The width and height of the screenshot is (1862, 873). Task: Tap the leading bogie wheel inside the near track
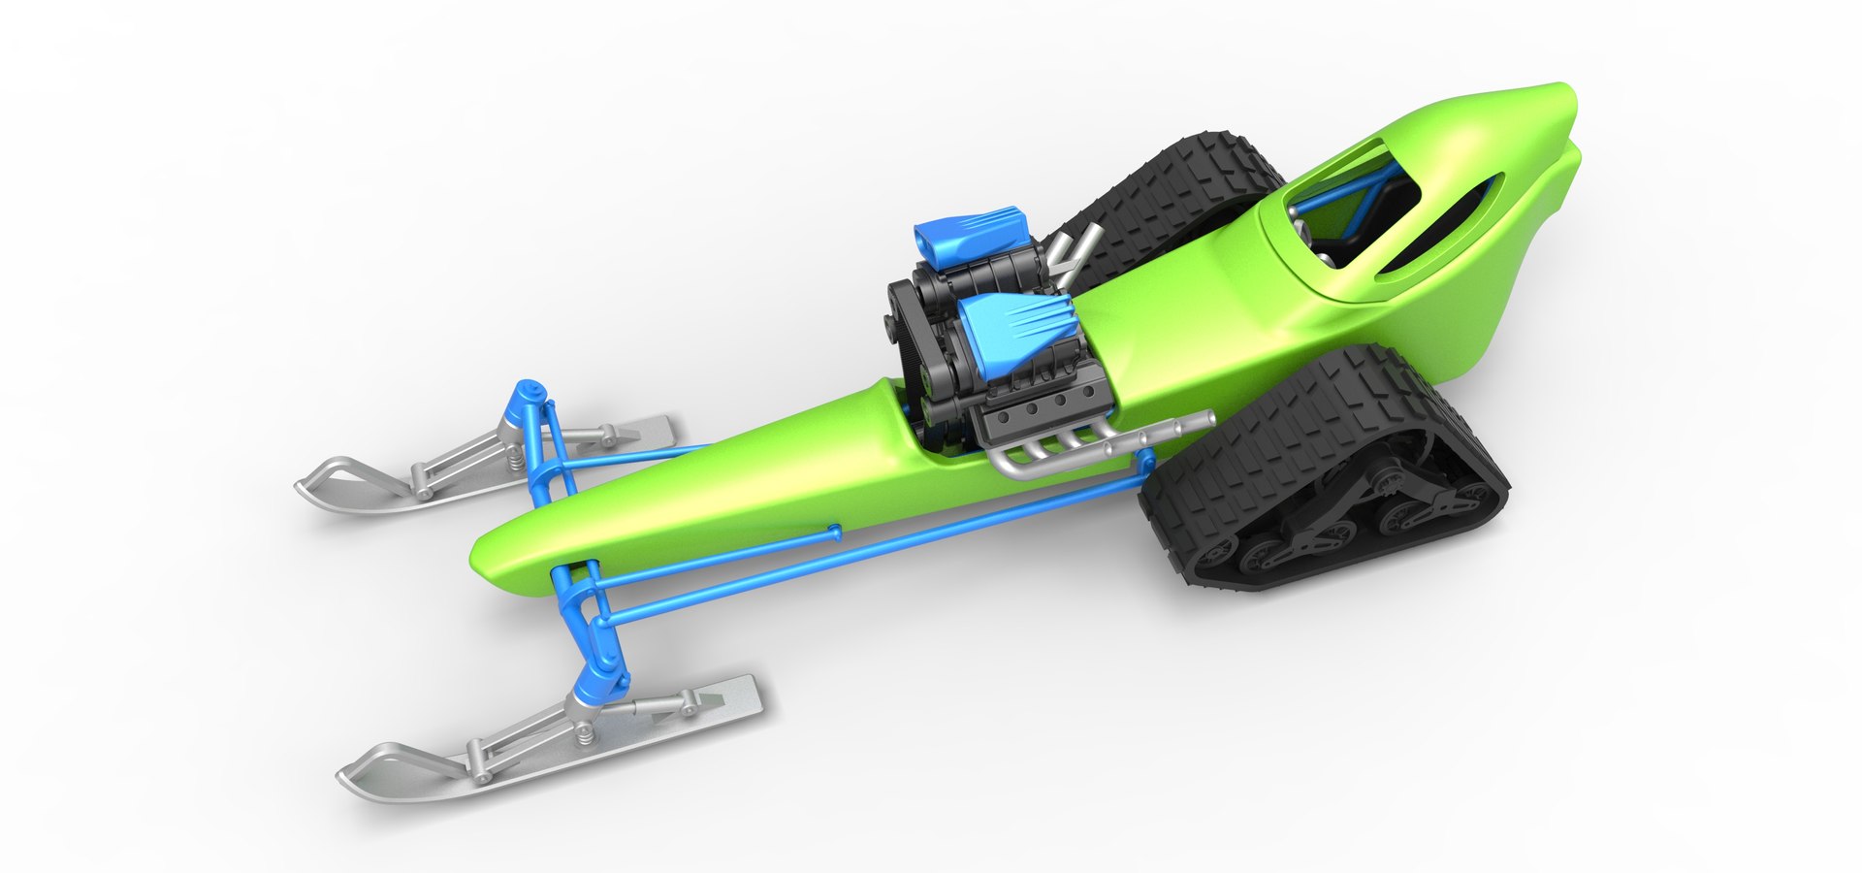coord(1212,558)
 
